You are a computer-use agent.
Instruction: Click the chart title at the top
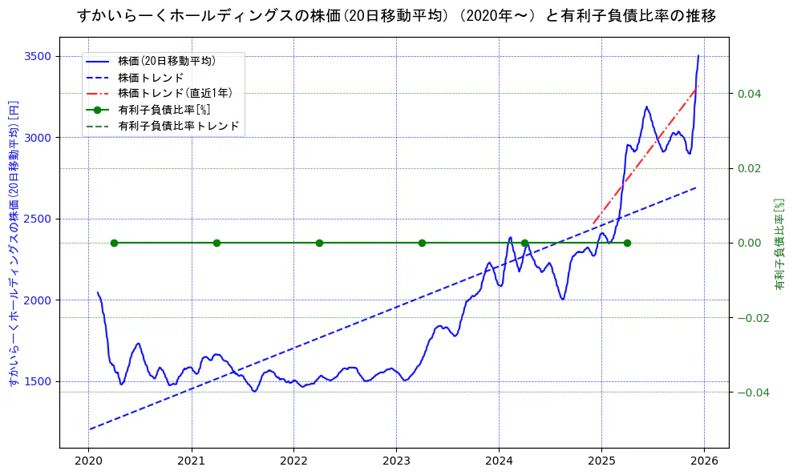point(396,15)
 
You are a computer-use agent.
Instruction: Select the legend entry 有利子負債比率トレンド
point(178,126)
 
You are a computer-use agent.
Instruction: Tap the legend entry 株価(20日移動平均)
point(166,60)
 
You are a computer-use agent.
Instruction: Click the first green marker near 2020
point(114,243)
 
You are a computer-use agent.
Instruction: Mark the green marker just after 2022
point(319,243)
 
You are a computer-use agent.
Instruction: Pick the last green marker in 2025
point(627,243)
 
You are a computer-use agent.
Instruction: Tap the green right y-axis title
point(779,244)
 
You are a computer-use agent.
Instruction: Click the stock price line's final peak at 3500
point(698,56)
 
